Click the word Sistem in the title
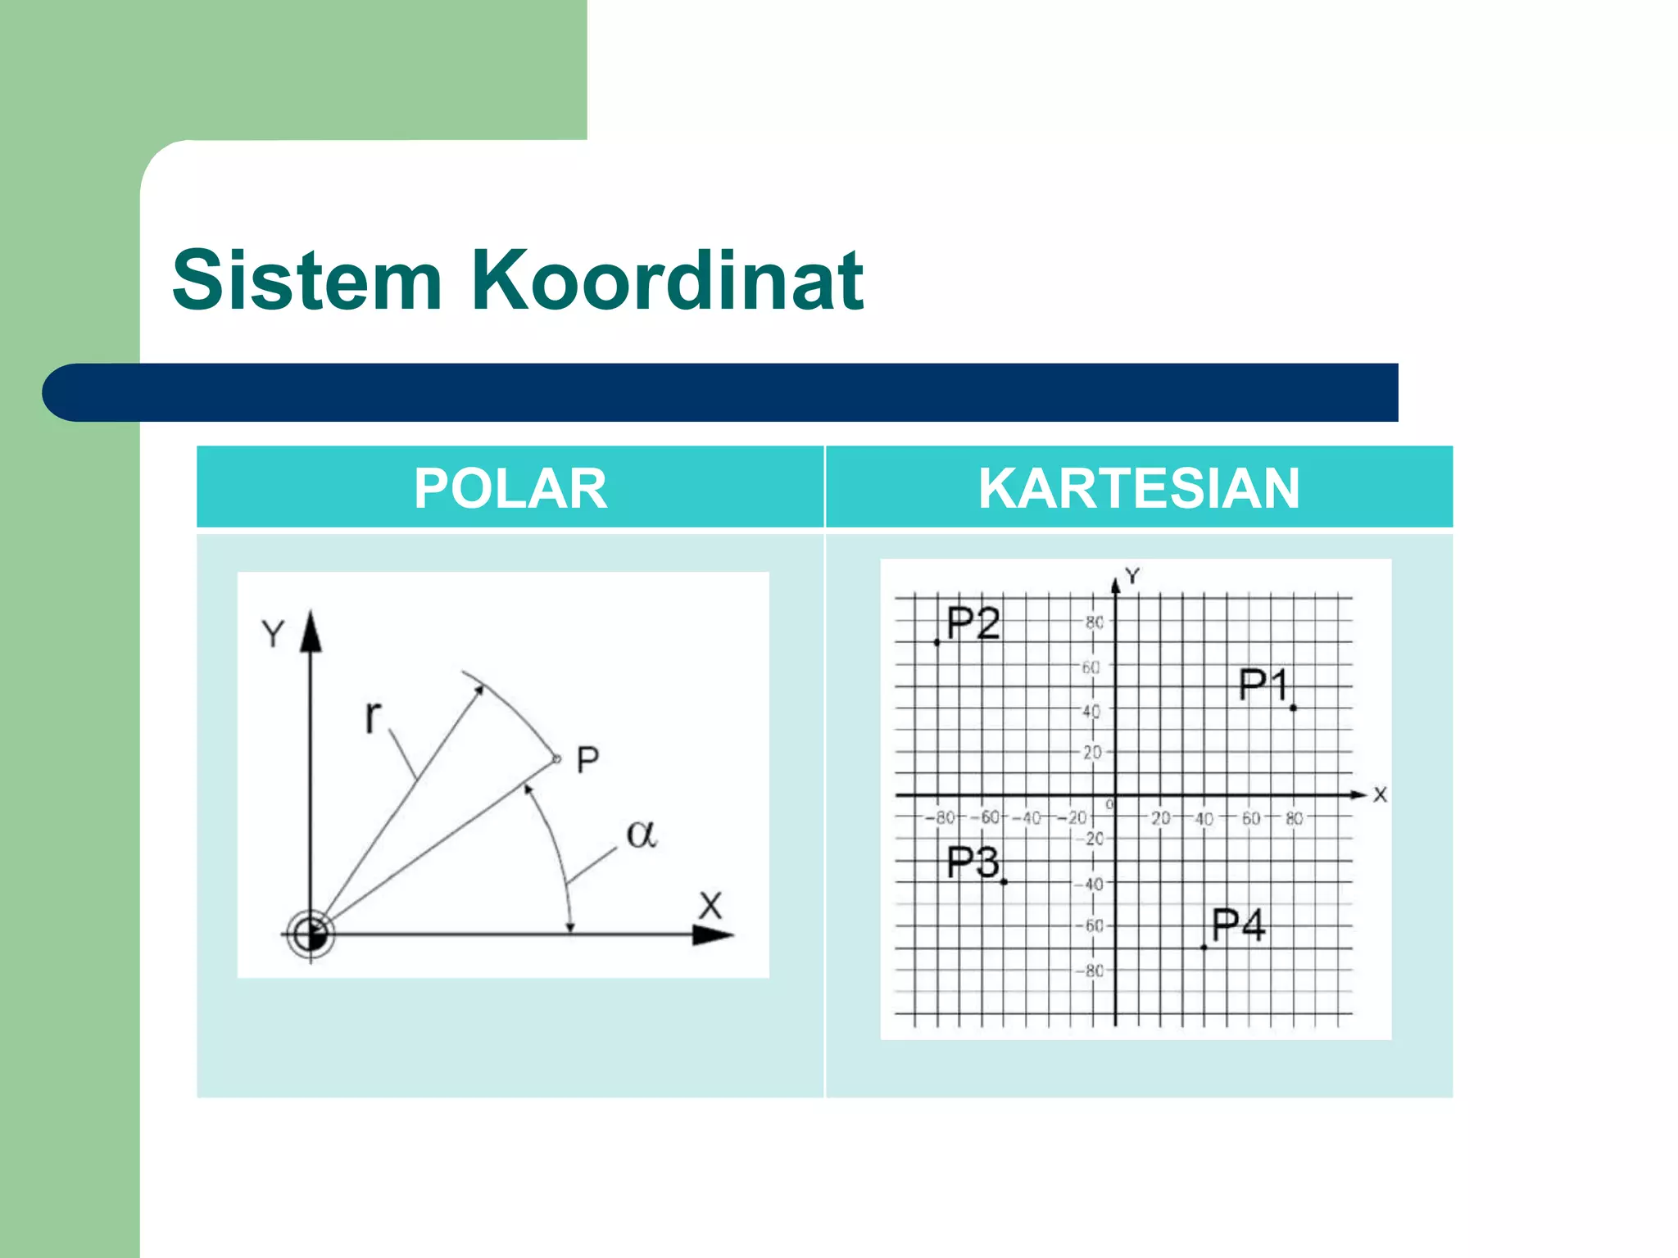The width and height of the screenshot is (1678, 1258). tap(307, 281)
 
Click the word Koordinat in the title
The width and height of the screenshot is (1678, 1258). tap(667, 281)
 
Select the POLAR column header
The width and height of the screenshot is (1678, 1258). tap(510, 488)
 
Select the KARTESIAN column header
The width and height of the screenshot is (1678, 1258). tap(1139, 488)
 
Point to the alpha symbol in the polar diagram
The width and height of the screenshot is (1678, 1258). tap(641, 835)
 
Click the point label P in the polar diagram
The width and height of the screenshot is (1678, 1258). tap(587, 761)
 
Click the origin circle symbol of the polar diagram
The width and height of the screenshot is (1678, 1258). tap(311, 934)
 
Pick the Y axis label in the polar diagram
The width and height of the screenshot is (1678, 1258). tap(273, 634)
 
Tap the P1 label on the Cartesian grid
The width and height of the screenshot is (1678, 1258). tap(1263, 685)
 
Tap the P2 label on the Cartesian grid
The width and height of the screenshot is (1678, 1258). tap(973, 624)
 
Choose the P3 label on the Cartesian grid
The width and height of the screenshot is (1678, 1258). tap(973, 862)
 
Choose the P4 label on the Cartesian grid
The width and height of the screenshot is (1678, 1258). tap(1238, 925)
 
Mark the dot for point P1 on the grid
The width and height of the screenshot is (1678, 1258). tap(1293, 708)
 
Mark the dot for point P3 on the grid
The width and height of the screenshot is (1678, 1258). tap(1004, 882)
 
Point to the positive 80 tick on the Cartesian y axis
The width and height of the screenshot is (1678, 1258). tap(1095, 622)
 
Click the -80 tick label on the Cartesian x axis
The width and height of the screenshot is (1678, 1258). tap(942, 817)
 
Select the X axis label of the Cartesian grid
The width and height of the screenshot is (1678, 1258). tap(1381, 794)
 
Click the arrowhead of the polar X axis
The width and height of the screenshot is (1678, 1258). tap(713, 934)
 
